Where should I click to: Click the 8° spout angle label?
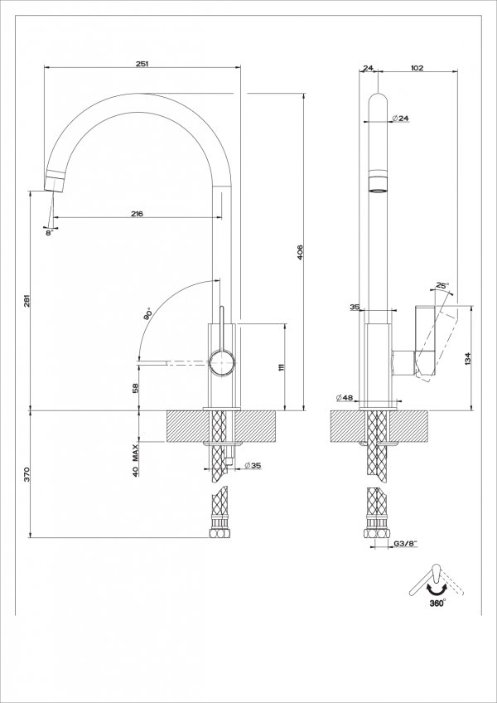pyautogui.click(x=49, y=233)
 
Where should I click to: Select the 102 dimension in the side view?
pyautogui.click(x=417, y=69)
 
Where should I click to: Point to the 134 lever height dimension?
pyautogui.click(x=468, y=358)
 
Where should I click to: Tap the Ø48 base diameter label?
pyautogui.click(x=345, y=399)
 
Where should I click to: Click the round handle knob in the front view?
pyautogui.click(x=222, y=362)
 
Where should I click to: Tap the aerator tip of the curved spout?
pyautogui.click(x=54, y=180)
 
